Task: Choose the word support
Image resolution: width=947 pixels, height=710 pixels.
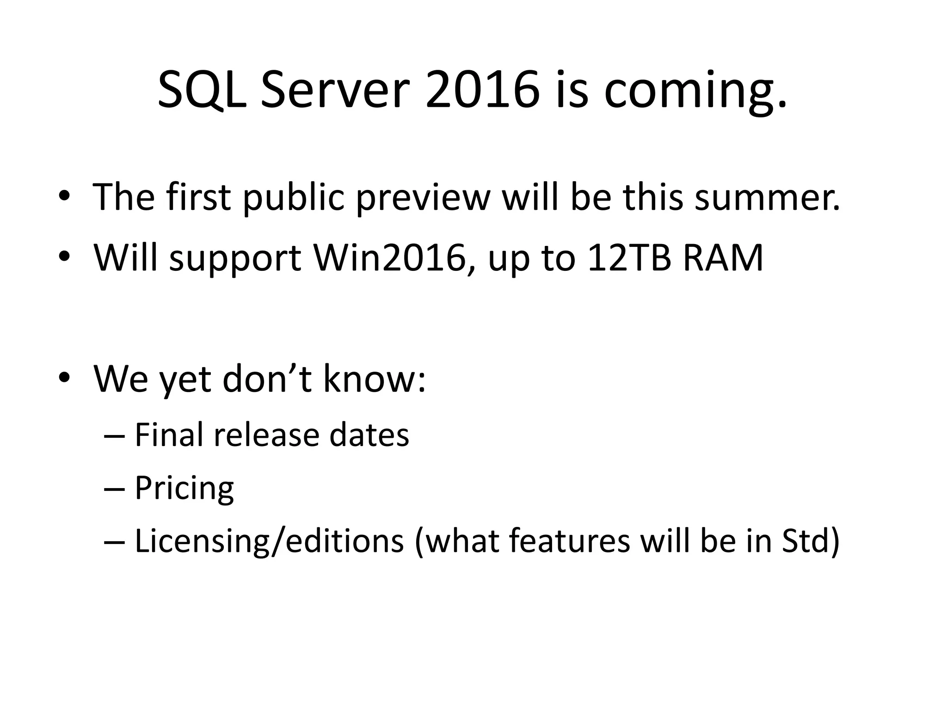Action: tap(235, 259)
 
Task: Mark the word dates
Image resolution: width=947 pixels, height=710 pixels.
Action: tap(369, 435)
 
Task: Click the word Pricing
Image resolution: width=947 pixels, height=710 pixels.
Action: tap(184, 489)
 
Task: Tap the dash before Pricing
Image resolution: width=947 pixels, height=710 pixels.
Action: tap(115, 489)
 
